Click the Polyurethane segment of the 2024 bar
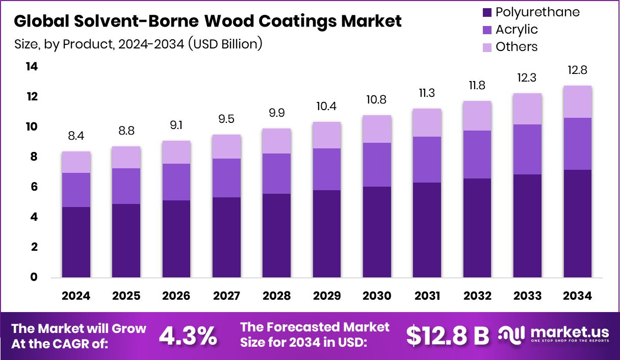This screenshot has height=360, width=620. pyautogui.click(x=76, y=242)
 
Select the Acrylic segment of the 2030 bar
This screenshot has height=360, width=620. pyautogui.click(x=377, y=164)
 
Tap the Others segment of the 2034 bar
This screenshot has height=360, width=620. pyautogui.click(x=577, y=101)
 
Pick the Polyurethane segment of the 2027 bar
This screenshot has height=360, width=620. pyautogui.click(x=226, y=237)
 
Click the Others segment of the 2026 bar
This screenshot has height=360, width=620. pyautogui.click(x=176, y=152)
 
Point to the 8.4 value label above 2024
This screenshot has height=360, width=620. pyautogui.click(x=76, y=136)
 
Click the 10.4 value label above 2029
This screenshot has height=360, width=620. pyautogui.click(x=327, y=107)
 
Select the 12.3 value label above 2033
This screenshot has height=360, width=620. pyautogui.click(x=527, y=78)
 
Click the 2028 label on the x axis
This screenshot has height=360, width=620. pyautogui.click(x=276, y=296)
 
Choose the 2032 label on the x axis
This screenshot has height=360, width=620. pyautogui.click(x=477, y=296)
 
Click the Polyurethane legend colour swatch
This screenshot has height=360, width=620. pyautogui.click(x=486, y=12)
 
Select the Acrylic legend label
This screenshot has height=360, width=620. pyautogui.click(x=516, y=30)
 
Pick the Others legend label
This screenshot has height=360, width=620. pyautogui.click(x=516, y=47)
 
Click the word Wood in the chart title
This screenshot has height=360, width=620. pyautogui.click(x=238, y=21)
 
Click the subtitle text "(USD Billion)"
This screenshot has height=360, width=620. pyautogui.click(x=225, y=44)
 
